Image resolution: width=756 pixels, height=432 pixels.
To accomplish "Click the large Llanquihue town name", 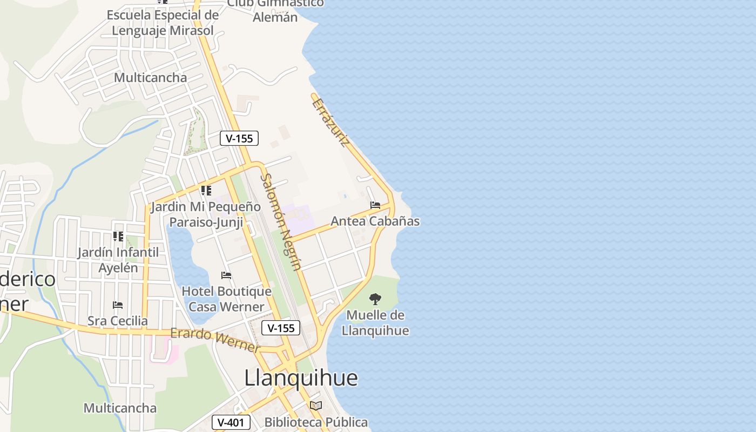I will point(301,378).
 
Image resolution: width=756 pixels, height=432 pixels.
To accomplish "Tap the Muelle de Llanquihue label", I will point(375,322).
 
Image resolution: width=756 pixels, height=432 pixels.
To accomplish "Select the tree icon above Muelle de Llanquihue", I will point(375,299).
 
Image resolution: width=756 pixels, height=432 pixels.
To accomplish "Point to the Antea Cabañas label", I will point(375,221).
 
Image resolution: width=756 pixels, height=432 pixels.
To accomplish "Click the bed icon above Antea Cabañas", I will point(375,205).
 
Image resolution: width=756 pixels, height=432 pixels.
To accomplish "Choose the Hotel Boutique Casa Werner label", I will point(226,299).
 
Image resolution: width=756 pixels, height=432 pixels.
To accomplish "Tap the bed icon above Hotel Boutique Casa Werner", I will point(226,275).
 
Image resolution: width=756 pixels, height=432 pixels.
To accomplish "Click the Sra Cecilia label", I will point(117,321).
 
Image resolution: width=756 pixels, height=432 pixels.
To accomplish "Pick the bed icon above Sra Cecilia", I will point(118,305).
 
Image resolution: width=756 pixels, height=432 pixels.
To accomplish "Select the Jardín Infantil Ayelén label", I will point(118,260).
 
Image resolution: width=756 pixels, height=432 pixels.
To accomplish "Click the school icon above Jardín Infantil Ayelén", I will point(118,237).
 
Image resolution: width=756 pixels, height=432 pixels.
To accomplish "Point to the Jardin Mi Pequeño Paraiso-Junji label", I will point(206,214).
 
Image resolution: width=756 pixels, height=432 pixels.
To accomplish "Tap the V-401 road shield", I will point(231,422).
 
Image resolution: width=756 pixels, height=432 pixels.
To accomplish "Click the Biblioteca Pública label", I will point(316,422).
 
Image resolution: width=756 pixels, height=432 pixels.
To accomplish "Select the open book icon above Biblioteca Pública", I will point(316,406).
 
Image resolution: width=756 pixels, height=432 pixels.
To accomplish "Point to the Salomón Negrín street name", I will point(280,221).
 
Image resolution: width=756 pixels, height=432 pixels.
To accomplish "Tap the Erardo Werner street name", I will point(214,340).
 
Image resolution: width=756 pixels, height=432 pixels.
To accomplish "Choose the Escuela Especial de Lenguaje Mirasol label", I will point(163,23).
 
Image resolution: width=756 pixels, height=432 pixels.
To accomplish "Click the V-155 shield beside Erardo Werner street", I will point(281,328).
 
